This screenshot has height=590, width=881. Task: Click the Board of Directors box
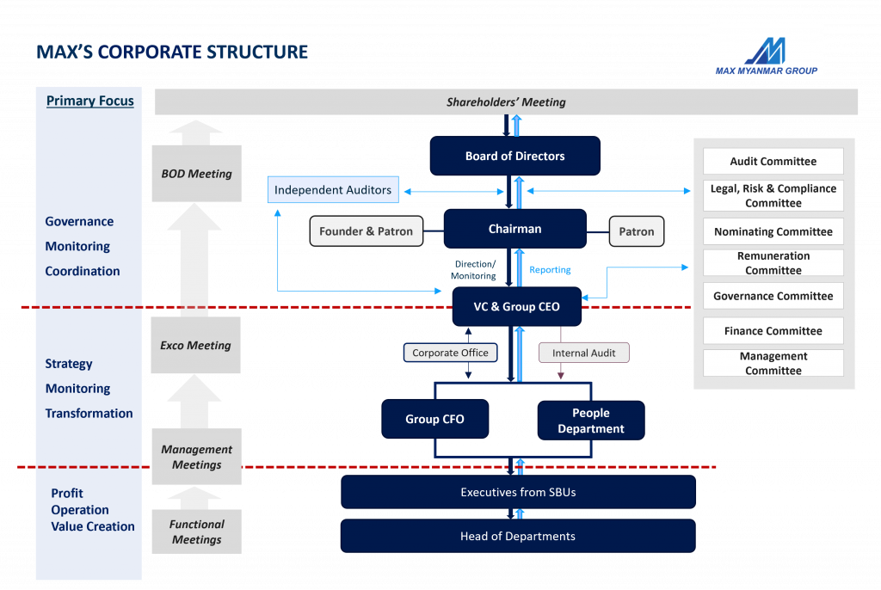[514, 157]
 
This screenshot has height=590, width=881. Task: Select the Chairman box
[514, 230]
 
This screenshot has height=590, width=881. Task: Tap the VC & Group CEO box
[516, 307]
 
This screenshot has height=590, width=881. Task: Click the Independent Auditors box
[333, 190]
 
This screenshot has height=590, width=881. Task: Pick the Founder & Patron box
[366, 231]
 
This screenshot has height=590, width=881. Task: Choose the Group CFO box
[434, 420]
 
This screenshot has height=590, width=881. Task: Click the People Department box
[590, 421]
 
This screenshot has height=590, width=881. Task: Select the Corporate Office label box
[450, 353]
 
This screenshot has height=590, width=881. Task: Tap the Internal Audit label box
[583, 353]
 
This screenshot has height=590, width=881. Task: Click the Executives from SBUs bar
[518, 493]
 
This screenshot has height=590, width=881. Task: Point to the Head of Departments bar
[518, 537]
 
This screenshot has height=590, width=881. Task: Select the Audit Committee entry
[773, 162]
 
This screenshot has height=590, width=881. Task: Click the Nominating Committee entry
[773, 232]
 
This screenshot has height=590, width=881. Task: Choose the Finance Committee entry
[773, 331]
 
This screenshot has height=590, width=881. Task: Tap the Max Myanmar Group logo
[766, 50]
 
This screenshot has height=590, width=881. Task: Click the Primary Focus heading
[90, 101]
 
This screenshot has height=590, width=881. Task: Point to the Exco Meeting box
[196, 346]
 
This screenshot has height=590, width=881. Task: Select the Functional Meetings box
[196, 532]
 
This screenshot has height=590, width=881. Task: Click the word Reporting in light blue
[550, 270]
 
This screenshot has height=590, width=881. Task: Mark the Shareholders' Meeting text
[506, 102]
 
